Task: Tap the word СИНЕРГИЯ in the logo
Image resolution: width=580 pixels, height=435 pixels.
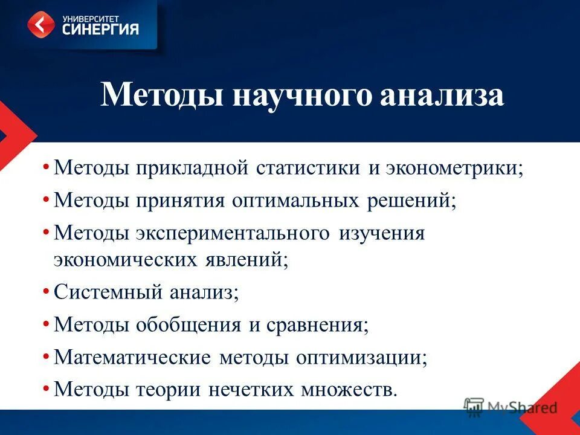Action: click(100, 29)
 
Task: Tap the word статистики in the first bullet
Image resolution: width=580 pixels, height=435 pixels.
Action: click(309, 167)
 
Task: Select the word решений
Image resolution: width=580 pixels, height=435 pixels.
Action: click(409, 200)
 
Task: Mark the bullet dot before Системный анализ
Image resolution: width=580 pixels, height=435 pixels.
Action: click(47, 292)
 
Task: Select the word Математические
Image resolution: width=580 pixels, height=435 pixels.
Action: click(132, 356)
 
